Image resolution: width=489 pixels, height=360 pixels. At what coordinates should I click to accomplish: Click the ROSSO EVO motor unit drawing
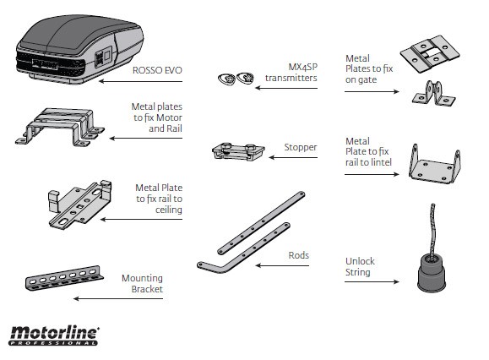point(79,49)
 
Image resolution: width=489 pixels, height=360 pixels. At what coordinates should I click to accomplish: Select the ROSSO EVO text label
point(157,70)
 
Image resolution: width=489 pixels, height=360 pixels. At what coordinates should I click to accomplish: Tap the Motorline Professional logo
point(54,335)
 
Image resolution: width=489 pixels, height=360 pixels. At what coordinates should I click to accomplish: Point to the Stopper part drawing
point(238,151)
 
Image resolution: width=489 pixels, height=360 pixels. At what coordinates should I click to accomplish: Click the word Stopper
point(301,147)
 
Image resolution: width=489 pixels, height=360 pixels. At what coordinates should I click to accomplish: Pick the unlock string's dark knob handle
point(432,273)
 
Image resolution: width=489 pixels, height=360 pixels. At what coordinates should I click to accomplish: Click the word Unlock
point(360,261)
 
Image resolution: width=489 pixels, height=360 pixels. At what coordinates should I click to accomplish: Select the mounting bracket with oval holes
point(64,278)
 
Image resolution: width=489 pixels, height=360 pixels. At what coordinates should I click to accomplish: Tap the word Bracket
point(147,289)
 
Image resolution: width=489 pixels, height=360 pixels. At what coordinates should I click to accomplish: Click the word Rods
point(298,255)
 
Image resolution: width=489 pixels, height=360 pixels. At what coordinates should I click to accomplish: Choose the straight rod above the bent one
point(261,223)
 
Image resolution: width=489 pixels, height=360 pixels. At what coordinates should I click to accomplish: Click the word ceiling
point(169,210)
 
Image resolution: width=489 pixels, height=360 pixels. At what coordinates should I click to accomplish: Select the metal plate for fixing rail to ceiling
point(80,205)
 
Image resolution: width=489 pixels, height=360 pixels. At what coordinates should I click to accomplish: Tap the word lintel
point(381,162)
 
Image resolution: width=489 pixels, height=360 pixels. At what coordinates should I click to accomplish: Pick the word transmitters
point(291,78)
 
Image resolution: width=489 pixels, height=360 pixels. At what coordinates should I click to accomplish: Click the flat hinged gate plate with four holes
point(430,54)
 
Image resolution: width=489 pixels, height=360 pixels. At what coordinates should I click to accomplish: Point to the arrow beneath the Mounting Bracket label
point(118,298)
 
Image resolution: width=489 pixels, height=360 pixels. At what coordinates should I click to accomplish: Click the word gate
point(369,80)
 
